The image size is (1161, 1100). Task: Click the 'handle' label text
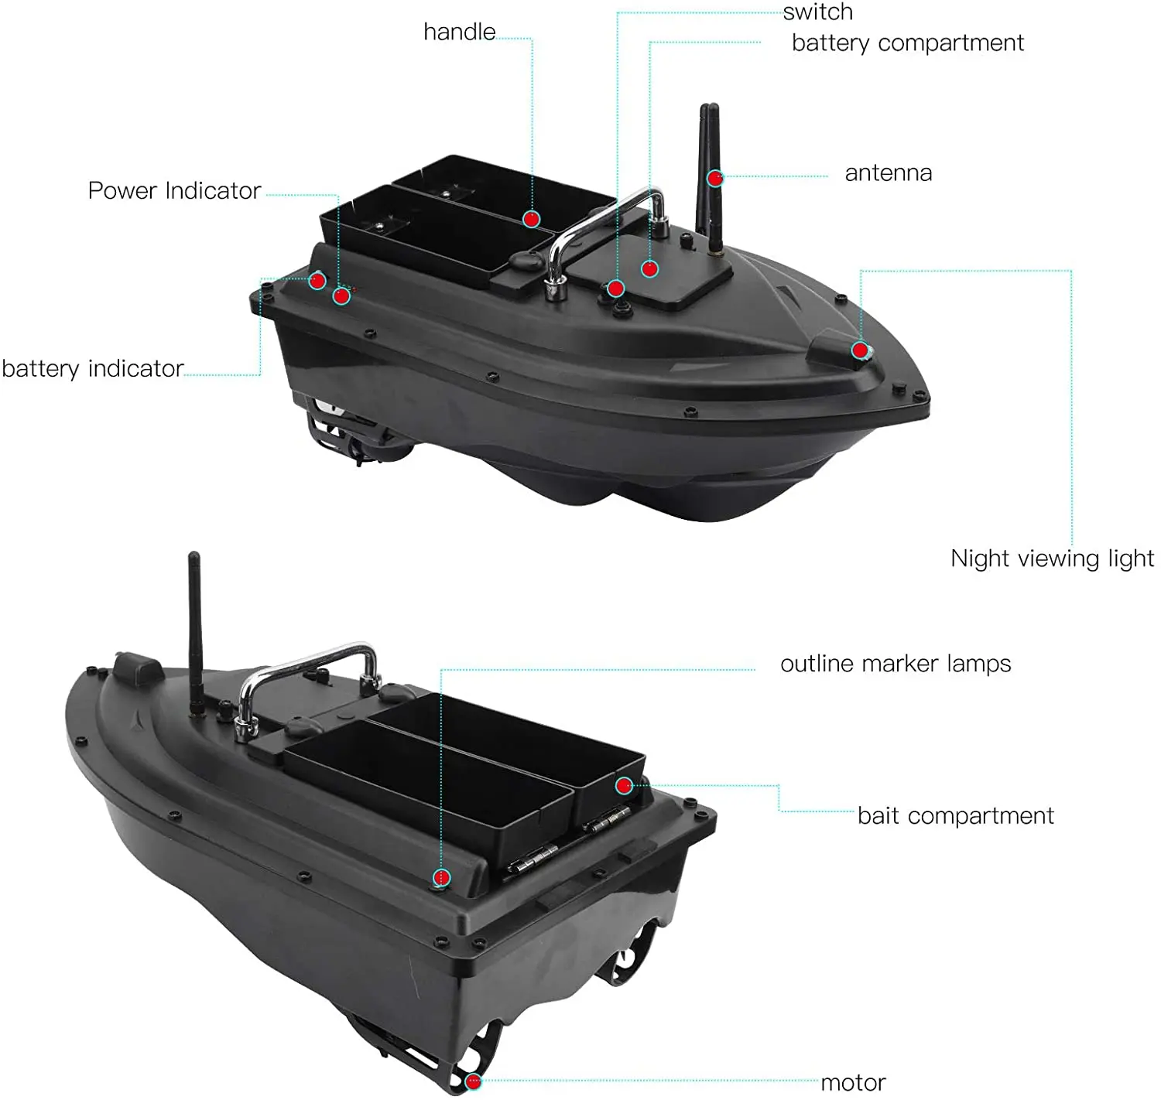pos(459,32)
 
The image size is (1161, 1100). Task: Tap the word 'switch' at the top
pos(817,12)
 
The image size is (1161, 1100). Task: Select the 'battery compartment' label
pos(907,43)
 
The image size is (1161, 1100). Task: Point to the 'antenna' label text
pos(888,173)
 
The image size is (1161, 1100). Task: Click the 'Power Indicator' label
pos(174,191)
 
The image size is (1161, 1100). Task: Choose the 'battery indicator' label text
pos(93,368)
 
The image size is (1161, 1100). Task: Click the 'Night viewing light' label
pos(1052,559)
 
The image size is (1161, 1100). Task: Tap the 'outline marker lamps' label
pos(896,664)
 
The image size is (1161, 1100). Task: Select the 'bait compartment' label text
pos(955,816)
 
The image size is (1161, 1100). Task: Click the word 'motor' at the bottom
pos(853,1082)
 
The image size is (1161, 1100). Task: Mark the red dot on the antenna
pos(715,178)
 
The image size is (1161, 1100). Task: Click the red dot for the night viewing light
pos(860,350)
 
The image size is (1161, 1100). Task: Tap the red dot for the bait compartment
pos(624,786)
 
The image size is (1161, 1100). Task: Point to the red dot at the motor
pos(473,1081)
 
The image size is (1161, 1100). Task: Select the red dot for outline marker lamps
pos(441,877)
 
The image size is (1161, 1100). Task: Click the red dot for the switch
pos(615,289)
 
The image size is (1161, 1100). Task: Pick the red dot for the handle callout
pos(531,219)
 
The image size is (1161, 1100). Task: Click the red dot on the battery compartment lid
pos(650,268)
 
